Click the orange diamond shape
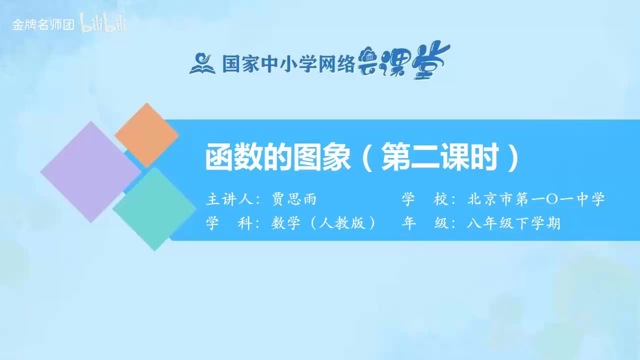146,135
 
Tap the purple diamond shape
90,171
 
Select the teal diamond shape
154,208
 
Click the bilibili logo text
103,23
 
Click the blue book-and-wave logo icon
202,63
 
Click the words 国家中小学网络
288,64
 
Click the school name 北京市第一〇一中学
535,199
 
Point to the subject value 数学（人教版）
323,223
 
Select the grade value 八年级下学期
513,223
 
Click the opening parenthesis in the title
368,158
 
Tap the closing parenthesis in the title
512,158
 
